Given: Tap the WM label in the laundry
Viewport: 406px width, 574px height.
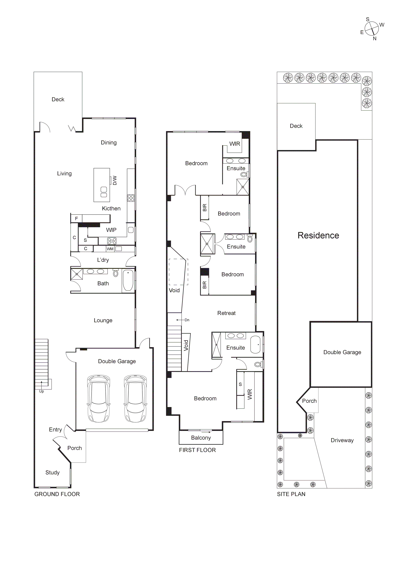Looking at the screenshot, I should pos(110,249).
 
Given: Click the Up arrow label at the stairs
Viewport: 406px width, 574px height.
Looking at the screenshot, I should pos(42,391).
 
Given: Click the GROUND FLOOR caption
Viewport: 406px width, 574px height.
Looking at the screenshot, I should pos(57,494).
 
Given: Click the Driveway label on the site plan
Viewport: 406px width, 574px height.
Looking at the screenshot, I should pos(342,440).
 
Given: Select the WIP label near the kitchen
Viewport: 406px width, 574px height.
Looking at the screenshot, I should pos(111,230).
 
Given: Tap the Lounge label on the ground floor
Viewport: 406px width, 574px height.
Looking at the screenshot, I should pos(103,320).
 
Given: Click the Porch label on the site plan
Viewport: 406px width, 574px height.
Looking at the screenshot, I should pos(309,401).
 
